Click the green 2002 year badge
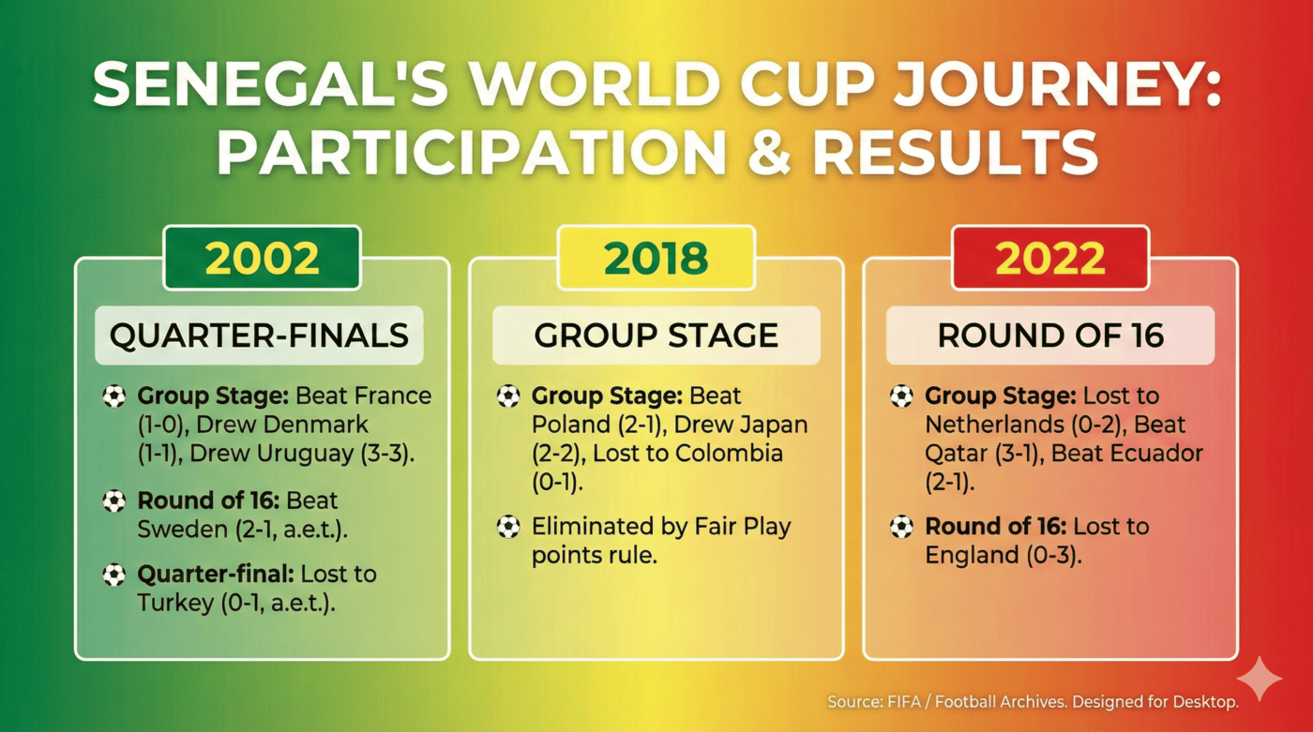pos(263,258)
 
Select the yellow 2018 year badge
pos(656,258)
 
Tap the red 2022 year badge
pos(1049,258)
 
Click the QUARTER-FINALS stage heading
pos(259,336)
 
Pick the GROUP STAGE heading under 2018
pos(656,336)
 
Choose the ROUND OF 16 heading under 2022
pos(1050,336)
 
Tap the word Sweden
pos(177,529)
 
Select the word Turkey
pos(175,603)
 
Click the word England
pos(970,555)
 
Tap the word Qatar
pos(955,454)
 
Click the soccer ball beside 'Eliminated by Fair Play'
pos(508,528)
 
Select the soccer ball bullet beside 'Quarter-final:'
pos(114,575)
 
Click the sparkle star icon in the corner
pos(1259,678)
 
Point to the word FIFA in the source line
pos(898,701)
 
